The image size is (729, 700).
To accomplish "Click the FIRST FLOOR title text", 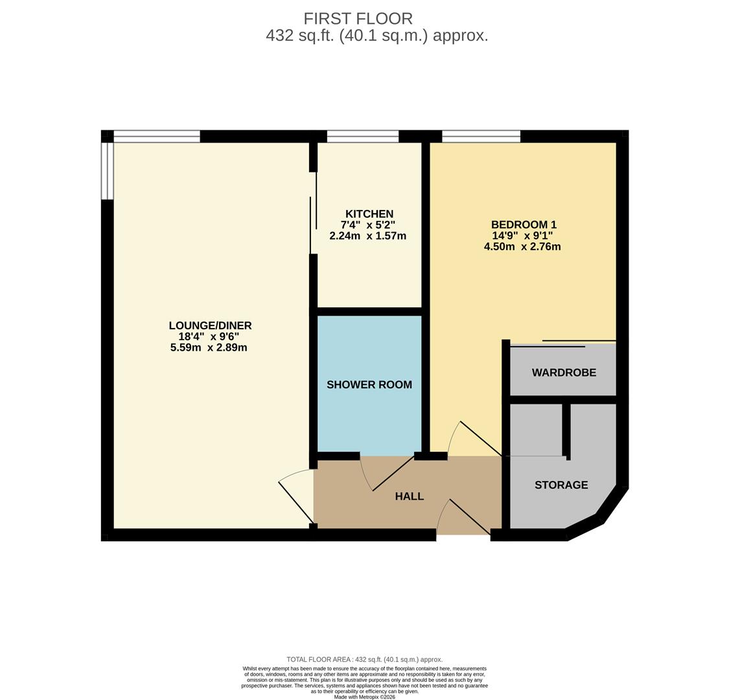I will click(x=358, y=19).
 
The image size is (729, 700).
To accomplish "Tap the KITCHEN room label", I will click(x=369, y=214).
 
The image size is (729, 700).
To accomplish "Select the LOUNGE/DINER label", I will click(x=210, y=325).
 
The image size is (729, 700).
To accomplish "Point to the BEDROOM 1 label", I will click(x=523, y=225).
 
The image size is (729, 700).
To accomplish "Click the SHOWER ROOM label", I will click(x=369, y=384).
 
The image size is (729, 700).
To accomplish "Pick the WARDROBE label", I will click(x=564, y=373).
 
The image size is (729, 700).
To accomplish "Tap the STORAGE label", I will click(x=561, y=485).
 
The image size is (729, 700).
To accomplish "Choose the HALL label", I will click(x=409, y=496).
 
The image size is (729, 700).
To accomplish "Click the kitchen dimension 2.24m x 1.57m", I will click(x=367, y=236).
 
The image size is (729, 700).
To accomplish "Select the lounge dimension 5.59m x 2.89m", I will click(x=208, y=347).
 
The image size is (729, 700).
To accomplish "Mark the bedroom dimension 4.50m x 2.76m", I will click(x=522, y=247).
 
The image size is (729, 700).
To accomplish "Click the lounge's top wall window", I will click(x=157, y=136).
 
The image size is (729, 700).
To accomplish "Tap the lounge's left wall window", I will click(x=108, y=171).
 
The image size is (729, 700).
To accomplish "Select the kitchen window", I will click(x=362, y=136).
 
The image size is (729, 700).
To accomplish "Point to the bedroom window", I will click(x=481, y=136).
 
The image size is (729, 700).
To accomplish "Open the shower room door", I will click(x=389, y=473).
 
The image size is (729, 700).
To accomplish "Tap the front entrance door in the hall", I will click(x=465, y=517).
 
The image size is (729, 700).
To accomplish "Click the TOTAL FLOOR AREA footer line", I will click(x=364, y=659).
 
